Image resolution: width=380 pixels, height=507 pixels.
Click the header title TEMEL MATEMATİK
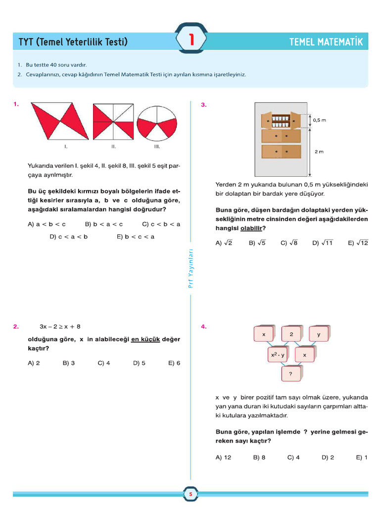pyautogui.click(x=326, y=42)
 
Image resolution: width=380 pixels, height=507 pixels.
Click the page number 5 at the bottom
pyautogui.click(x=190, y=494)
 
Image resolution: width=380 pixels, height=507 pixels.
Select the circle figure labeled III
pyautogui.click(x=157, y=123)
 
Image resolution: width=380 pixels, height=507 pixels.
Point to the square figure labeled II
pyautogui.click(x=113, y=122)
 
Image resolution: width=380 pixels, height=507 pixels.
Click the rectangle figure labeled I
pyautogui.click(x=59, y=122)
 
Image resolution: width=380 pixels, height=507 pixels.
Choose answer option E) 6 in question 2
pyautogui.click(x=174, y=363)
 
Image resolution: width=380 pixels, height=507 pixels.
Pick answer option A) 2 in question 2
pyautogui.click(x=34, y=363)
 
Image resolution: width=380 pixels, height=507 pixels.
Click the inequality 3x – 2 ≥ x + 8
pyautogui.click(x=60, y=327)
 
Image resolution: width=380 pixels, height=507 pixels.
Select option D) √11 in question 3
pyautogui.click(x=323, y=243)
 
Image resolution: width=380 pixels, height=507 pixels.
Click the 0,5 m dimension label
pyautogui.click(x=320, y=120)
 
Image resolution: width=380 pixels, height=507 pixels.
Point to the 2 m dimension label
pyautogui.click(x=319, y=152)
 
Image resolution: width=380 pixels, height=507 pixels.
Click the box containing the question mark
pyautogui.click(x=291, y=374)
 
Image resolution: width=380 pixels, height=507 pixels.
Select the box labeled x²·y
pyautogui.click(x=278, y=355)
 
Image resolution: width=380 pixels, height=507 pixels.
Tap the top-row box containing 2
pyautogui.click(x=291, y=335)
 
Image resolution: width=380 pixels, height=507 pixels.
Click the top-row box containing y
pyautogui.click(x=319, y=335)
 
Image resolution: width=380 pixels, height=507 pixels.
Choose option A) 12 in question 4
pyautogui.click(x=224, y=457)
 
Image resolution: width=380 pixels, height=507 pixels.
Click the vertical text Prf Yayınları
pyautogui.click(x=190, y=267)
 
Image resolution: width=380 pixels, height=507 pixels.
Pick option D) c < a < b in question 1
pyautogui.click(x=69, y=237)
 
